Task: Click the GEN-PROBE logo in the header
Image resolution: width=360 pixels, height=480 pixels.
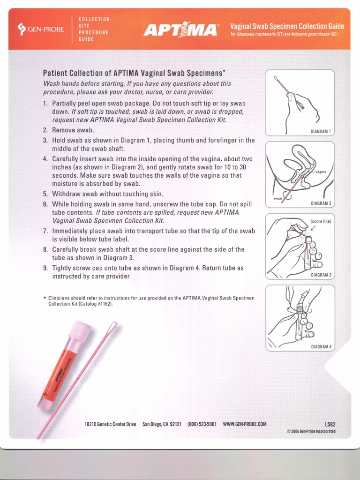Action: click(41, 30)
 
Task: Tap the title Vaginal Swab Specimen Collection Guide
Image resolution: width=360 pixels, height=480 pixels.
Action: click(287, 26)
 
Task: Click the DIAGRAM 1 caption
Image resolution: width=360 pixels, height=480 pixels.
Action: click(321, 131)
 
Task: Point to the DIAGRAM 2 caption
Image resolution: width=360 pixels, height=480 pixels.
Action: click(321, 203)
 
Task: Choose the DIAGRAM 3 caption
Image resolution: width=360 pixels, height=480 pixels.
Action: click(321, 275)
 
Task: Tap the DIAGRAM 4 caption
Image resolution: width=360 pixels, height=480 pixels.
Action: click(321, 347)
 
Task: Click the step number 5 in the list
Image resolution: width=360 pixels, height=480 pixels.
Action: click(45, 194)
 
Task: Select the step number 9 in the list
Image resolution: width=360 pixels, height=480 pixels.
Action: click(45, 268)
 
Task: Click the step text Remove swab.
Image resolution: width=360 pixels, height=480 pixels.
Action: click(73, 130)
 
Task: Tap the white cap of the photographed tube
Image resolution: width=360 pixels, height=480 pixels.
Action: click(80, 330)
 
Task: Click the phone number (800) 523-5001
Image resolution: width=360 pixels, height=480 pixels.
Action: click(202, 424)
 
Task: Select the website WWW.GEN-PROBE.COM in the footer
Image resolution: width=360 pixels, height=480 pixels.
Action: click(244, 424)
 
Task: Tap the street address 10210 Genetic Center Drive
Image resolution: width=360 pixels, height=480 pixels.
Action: click(110, 424)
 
